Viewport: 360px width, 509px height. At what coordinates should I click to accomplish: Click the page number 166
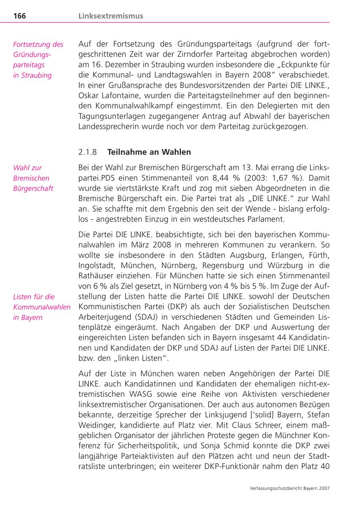[x=20, y=16]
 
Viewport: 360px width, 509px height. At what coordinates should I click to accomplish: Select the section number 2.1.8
[x=88, y=152]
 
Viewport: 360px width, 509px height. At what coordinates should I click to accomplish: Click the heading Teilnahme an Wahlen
[x=149, y=152]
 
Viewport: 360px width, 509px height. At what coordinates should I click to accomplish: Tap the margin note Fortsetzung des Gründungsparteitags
[x=38, y=60]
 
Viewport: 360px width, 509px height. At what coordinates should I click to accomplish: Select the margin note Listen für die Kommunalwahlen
[x=42, y=307]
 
